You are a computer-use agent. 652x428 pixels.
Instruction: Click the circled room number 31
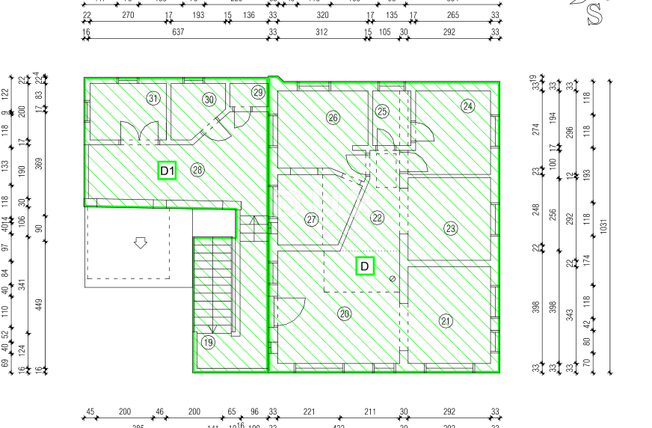153,99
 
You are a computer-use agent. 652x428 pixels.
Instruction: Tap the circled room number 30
209,99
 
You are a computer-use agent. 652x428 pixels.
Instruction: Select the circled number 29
259,93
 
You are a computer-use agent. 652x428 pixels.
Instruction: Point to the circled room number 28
197,170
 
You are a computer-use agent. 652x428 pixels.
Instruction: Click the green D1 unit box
167,171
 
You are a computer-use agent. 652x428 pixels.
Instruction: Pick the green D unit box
365,266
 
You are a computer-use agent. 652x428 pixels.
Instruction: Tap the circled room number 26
333,117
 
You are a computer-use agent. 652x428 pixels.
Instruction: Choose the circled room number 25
382,111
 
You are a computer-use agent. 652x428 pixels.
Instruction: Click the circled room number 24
468,106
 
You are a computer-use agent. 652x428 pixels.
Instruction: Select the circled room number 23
450,228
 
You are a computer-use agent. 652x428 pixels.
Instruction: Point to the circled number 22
378,218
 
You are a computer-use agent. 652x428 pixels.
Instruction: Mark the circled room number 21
446,322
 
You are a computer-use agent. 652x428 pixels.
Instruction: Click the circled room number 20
344,314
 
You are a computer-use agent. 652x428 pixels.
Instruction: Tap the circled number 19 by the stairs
208,343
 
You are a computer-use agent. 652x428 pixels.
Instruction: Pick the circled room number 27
312,219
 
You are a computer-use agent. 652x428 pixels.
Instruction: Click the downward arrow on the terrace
140,242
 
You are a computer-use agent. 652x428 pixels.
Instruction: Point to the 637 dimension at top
178,32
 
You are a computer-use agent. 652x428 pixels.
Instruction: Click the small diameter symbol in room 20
393,278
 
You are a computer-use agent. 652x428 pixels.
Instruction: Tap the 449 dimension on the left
39,304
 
